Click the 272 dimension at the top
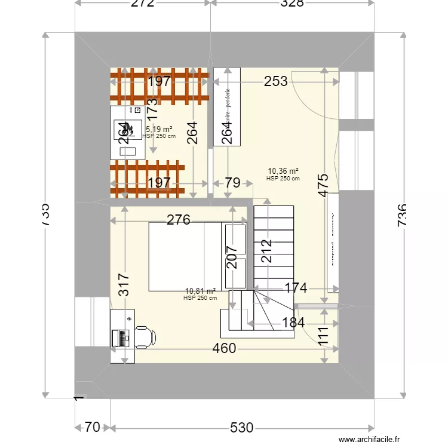pos(142,4)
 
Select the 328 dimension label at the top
pos(293,4)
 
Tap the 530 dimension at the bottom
pos(242,428)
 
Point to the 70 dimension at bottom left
pos(92,428)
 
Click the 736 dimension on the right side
pos(401,214)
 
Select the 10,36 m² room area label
pos(283,171)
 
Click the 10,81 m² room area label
pos(200,291)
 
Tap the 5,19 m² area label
pos(159,129)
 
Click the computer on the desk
pos(122,338)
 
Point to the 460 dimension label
pos(224,348)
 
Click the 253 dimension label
pos(276,81)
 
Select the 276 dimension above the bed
pos(178,220)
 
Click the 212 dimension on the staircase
pos(266,251)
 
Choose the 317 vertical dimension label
pos(123,286)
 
